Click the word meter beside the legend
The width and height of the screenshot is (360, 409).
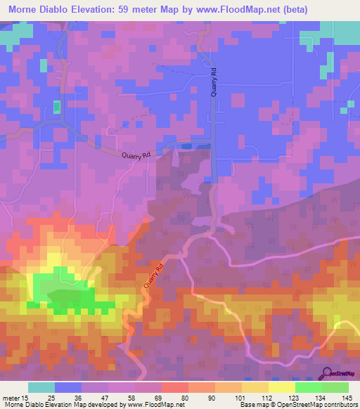pyautogui.click(x=11, y=397)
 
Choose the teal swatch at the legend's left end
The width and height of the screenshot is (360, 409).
pyautogui.click(x=41, y=387)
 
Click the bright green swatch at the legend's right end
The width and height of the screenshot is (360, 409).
pyautogui.click(x=335, y=387)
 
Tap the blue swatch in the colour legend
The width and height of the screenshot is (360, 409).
pyautogui.click(x=67, y=387)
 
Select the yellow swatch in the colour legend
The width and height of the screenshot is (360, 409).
pyautogui.click(x=281, y=387)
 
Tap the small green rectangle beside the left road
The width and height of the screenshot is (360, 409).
pyautogui.click(x=56, y=107)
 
